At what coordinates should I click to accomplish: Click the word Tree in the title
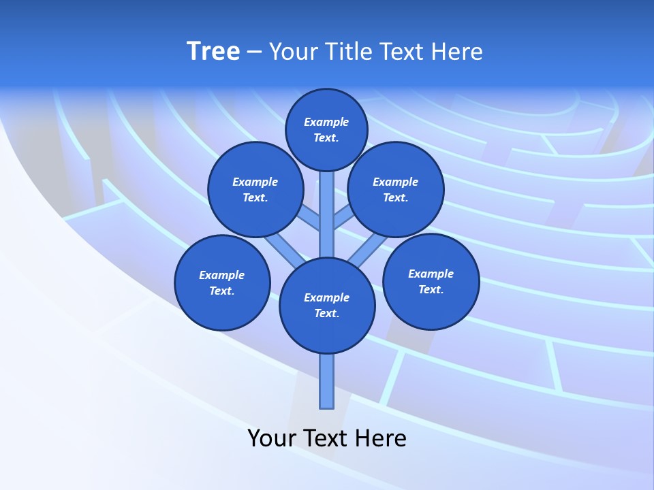click(213, 51)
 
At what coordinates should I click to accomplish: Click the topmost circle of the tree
click(326, 129)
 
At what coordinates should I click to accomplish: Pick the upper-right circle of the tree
click(396, 189)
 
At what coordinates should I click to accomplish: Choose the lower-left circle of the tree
click(222, 282)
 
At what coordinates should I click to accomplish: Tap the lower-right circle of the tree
click(431, 281)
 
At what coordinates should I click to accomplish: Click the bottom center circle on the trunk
click(327, 306)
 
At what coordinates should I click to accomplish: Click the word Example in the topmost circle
click(326, 122)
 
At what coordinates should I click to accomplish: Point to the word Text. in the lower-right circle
click(431, 289)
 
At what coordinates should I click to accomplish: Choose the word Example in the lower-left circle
click(222, 275)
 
